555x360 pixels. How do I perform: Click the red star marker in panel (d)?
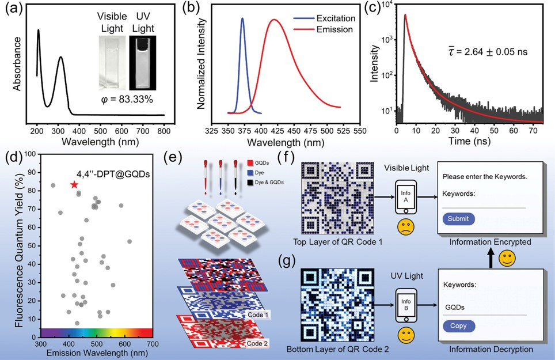coord(74,184)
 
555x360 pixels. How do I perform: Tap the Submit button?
coord(459,219)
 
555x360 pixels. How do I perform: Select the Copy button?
coord(459,327)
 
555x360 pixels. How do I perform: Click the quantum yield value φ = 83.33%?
coord(125,100)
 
